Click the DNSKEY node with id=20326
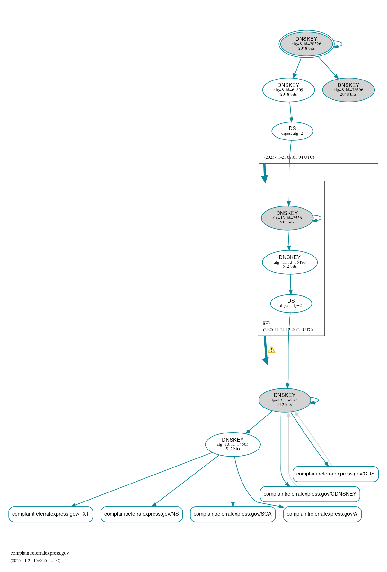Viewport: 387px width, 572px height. tap(306, 44)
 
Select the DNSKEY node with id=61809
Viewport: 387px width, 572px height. tap(288, 90)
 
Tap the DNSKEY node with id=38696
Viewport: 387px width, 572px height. tap(348, 90)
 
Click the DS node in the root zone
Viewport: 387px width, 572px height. tap(292, 131)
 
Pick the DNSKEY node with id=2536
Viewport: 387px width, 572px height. tap(287, 218)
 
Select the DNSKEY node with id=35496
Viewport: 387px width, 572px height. tap(289, 262)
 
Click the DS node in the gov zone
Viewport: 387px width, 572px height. tap(291, 303)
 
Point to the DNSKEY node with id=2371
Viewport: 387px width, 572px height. tap(284, 400)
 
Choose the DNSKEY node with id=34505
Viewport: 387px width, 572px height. tap(233, 444)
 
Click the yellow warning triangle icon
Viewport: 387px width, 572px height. tap(271, 349)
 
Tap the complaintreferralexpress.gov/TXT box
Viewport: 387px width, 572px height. tap(51, 514)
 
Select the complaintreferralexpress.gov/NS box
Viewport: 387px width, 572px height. tap(141, 514)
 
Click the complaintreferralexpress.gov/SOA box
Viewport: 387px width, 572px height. tap(233, 514)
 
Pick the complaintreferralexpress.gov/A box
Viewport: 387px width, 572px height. tap(322, 514)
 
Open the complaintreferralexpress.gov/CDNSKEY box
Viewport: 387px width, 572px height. tap(310, 494)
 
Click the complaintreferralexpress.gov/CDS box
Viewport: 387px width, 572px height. tap(335, 474)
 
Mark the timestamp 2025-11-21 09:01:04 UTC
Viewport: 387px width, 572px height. tap(289, 157)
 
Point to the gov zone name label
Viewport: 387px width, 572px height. tap(267, 322)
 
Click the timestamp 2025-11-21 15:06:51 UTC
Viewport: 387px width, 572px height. tap(35, 561)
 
